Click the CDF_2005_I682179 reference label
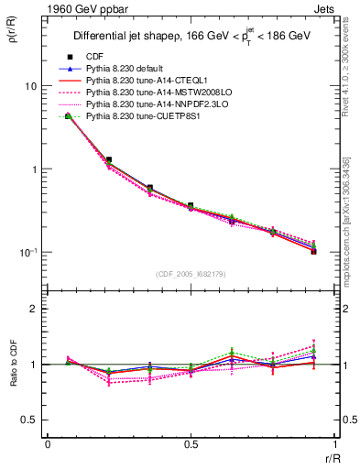pos(190,273)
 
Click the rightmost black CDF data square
pos(313,250)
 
